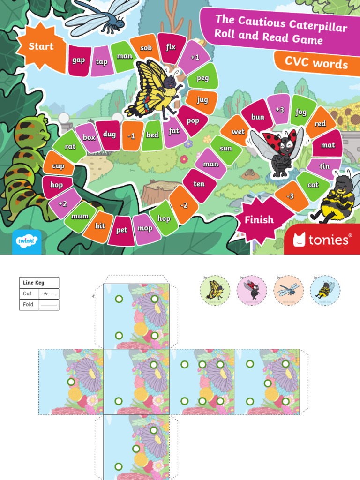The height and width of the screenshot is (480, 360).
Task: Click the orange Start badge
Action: (x=41, y=47)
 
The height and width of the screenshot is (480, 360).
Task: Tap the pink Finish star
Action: (x=259, y=219)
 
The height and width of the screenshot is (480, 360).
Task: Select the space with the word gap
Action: (x=79, y=60)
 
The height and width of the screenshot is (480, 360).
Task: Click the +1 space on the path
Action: (x=195, y=58)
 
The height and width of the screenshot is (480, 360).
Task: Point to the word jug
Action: (x=202, y=100)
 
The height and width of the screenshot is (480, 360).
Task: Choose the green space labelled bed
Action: (x=152, y=135)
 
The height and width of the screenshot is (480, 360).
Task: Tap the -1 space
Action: (x=131, y=135)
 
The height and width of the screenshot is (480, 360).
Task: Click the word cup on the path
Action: (x=58, y=166)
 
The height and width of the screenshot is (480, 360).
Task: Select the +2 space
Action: (x=63, y=203)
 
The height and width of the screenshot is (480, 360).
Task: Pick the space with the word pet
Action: (x=122, y=230)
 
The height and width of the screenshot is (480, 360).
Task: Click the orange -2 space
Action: (x=184, y=204)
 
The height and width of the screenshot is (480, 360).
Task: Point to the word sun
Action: (x=226, y=149)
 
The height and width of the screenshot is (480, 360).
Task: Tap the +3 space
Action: (x=279, y=110)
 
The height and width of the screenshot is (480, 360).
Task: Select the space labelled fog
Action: (x=301, y=112)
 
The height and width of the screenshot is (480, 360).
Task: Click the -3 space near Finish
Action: (x=290, y=196)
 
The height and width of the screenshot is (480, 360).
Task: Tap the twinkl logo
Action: (x=27, y=241)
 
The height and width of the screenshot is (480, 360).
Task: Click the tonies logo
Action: (x=322, y=240)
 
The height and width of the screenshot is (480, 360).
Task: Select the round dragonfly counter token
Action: (x=288, y=290)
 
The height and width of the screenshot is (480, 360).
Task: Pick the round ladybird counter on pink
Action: (x=252, y=290)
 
